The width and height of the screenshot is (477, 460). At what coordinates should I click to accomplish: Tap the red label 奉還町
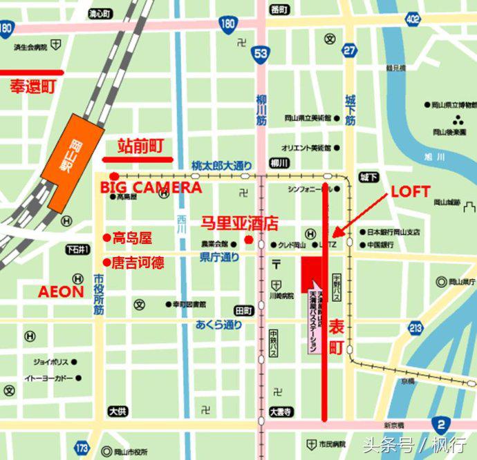click(x=32, y=87)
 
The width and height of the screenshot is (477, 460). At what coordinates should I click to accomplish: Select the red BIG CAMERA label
click(x=151, y=188)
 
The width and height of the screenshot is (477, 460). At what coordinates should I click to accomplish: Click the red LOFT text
click(x=411, y=191)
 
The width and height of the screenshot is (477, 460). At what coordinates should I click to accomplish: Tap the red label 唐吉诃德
click(x=135, y=262)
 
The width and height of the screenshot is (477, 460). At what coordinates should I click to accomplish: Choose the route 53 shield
click(x=261, y=55)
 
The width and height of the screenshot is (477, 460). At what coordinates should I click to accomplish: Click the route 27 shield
click(x=350, y=50)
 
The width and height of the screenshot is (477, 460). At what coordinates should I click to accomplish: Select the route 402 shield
click(x=413, y=19)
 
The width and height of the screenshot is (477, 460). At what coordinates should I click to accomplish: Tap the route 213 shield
click(x=415, y=328)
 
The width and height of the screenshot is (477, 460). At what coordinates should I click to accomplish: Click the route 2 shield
click(x=440, y=425)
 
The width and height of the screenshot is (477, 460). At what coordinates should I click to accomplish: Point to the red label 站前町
click(x=140, y=146)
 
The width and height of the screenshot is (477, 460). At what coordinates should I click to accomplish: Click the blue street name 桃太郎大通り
click(x=223, y=166)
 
